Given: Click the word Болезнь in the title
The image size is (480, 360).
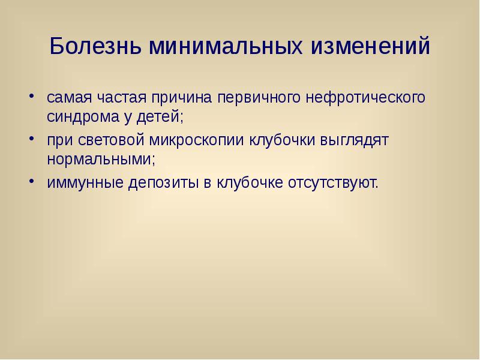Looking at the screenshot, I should (97, 47).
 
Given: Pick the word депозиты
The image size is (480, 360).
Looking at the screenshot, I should (163, 182).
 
